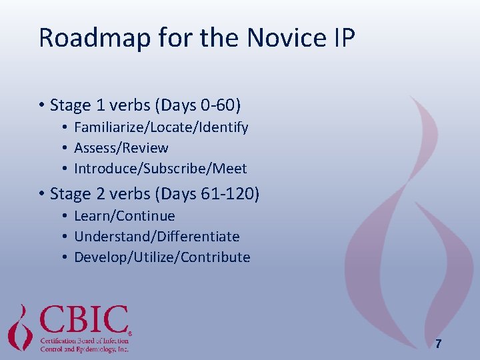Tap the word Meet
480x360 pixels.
click(228, 168)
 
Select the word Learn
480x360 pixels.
click(91, 216)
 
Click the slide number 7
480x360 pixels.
click(437, 344)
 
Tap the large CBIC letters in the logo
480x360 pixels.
click(84, 319)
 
